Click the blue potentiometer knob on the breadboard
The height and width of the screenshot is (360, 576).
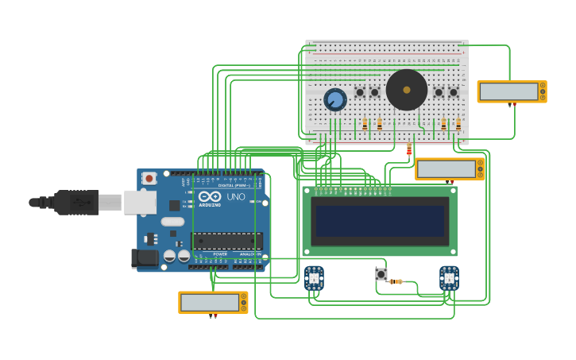tap(335, 100)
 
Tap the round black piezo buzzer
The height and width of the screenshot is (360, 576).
tap(406, 90)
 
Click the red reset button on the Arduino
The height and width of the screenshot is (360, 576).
tap(149, 179)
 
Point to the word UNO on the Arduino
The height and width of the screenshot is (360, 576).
tap(236, 196)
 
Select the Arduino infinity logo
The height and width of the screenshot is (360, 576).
tap(211, 196)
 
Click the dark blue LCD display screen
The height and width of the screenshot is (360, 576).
tap(380, 221)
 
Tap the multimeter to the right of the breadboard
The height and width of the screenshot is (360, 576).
tap(511, 91)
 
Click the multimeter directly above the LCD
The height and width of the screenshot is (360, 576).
tap(449, 169)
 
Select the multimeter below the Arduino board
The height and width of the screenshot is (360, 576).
tap(212, 302)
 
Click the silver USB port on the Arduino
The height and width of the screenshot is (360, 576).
tap(140, 203)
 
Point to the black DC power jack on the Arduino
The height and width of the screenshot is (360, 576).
tap(144, 257)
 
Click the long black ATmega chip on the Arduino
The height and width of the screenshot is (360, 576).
tap(227, 241)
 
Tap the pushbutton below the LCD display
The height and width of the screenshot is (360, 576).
tap(381, 274)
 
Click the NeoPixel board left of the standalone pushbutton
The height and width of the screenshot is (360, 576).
tap(314, 278)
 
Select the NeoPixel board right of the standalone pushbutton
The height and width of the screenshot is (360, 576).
tap(449, 278)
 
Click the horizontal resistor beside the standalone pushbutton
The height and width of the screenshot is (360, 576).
tap(396, 281)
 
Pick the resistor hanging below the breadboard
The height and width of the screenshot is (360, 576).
tap(409, 149)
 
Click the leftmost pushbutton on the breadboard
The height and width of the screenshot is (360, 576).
tap(360, 92)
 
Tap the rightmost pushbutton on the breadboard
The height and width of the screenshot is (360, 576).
tap(454, 92)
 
